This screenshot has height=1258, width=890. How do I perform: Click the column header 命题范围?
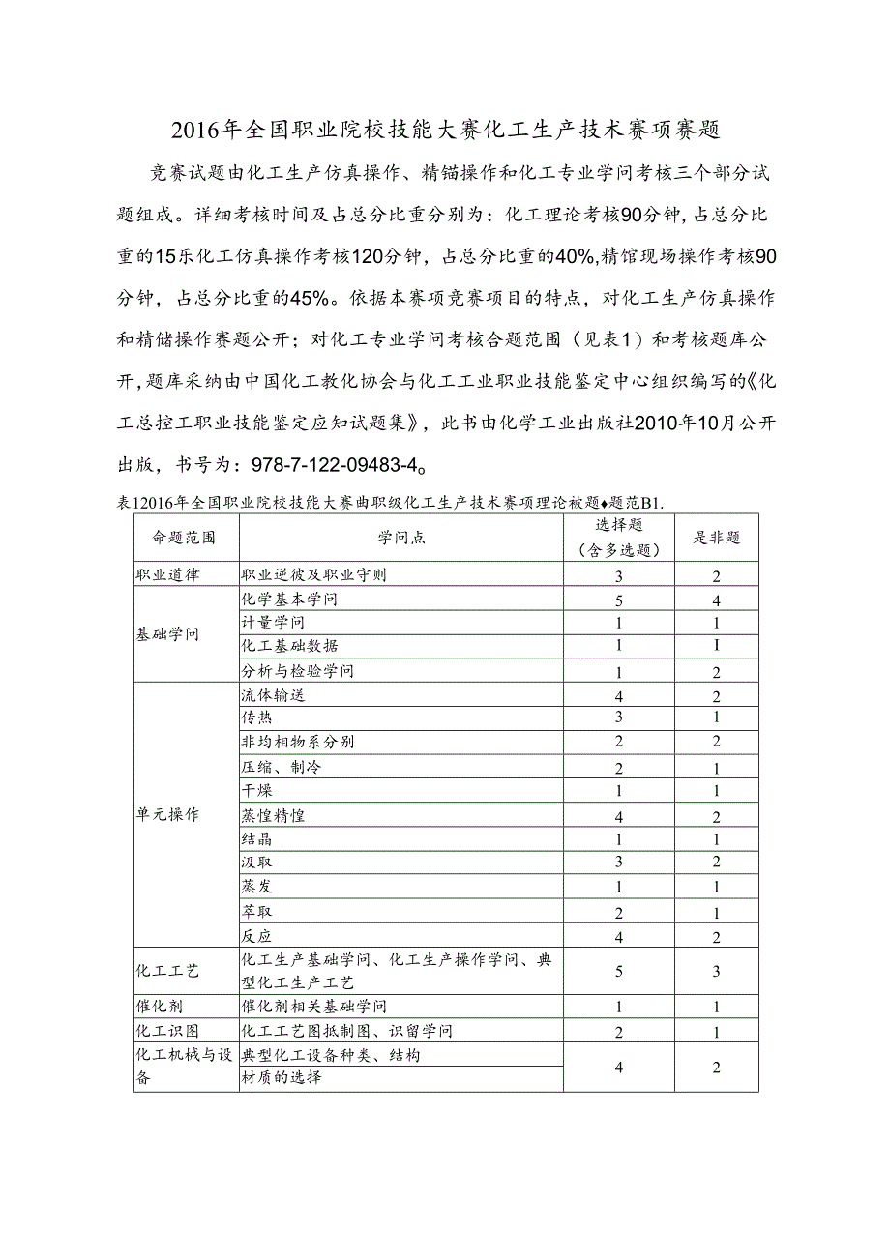tap(184, 538)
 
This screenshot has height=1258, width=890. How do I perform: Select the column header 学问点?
tap(401, 538)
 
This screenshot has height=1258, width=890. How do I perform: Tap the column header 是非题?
tap(717, 538)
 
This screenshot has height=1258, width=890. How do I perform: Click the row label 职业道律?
tap(167, 574)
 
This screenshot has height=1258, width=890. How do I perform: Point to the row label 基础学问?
tap(167, 635)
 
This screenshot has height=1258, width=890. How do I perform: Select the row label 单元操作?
tap(167, 814)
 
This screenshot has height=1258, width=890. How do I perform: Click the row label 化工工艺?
tap(167, 971)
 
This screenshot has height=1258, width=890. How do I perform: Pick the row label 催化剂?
tap(159, 1007)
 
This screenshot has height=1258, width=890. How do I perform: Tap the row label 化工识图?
tap(167, 1031)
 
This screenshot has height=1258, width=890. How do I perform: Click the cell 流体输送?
tap(274, 694)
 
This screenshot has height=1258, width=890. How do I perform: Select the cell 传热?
tap(256, 717)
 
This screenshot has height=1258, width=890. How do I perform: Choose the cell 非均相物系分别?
tap(298, 742)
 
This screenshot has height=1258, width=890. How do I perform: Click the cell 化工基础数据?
tap(290, 646)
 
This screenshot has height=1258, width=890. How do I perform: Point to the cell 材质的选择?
tap(282, 1078)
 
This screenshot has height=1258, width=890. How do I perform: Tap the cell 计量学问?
tap(274, 623)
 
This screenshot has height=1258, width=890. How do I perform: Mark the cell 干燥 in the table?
tap(256, 791)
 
